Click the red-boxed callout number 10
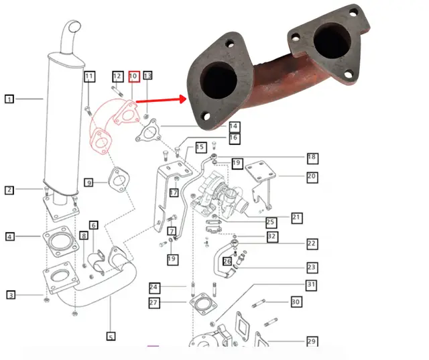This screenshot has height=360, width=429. (134, 76)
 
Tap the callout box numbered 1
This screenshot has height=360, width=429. (9, 99)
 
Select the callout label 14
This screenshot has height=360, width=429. (233, 127)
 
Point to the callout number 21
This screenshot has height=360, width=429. (296, 218)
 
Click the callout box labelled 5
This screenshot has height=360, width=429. (111, 336)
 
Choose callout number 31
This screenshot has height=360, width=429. (311, 285)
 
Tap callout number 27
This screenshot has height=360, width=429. (154, 302)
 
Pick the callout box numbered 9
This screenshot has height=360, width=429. (89, 182)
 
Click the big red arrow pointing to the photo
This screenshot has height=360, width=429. (162, 100)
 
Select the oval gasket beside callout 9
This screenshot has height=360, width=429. (119, 180)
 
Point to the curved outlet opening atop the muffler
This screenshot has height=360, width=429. (74, 27)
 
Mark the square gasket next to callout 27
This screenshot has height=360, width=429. (203, 304)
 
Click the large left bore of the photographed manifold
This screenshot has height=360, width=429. (219, 80)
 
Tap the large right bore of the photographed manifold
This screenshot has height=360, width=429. (332, 41)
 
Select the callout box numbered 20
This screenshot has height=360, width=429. (312, 177)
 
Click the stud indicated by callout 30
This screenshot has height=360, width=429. (259, 304)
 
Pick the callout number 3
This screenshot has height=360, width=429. (11, 295)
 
